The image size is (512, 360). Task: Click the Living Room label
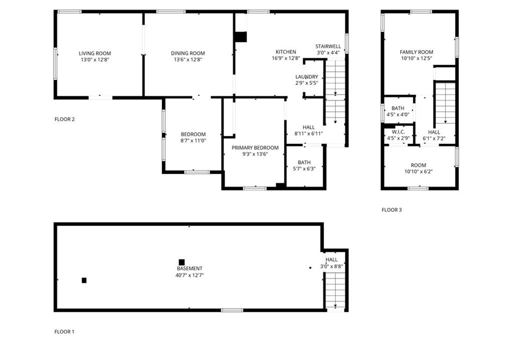click(x=94, y=53)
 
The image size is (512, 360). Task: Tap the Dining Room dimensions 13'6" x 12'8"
click(x=188, y=60)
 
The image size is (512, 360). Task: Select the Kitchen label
click(x=285, y=52)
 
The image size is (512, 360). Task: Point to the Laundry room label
click(x=306, y=77)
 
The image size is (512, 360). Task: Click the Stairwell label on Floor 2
click(x=328, y=46)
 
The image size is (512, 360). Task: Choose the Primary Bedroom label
click(x=255, y=147)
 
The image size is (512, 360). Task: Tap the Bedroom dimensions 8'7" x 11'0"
click(x=193, y=141)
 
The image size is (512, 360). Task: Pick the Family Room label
click(x=416, y=52)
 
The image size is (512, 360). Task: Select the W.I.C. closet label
click(x=398, y=132)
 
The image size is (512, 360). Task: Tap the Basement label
click(x=189, y=268)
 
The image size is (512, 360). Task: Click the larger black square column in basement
click(x=181, y=262)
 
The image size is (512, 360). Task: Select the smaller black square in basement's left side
click(x=84, y=280)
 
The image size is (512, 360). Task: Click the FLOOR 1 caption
click(x=64, y=331)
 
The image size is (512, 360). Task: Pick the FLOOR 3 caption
click(x=391, y=209)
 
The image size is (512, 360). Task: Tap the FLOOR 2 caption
click(x=64, y=119)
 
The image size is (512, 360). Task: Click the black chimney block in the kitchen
click(x=240, y=37)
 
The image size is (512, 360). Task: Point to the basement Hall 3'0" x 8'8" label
click(x=331, y=263)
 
